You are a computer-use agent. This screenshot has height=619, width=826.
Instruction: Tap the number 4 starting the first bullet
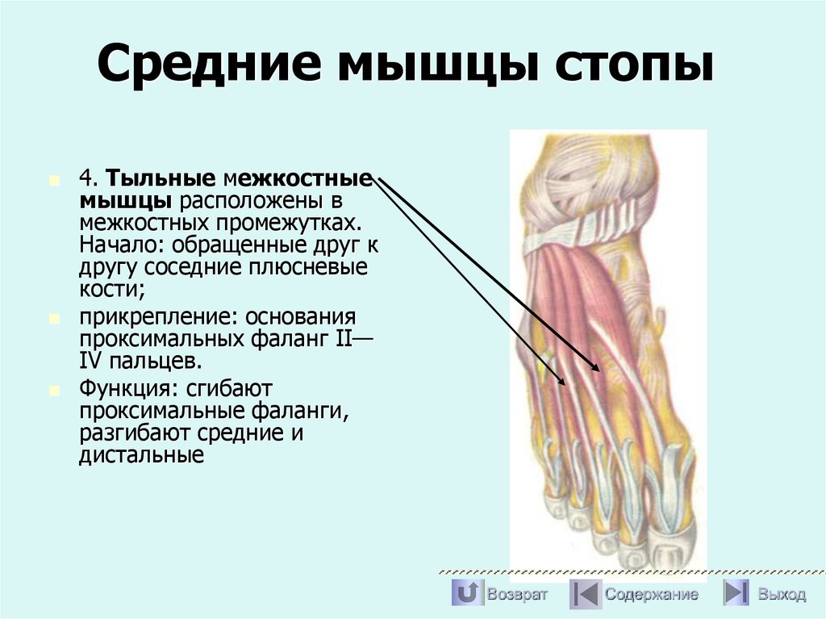tap(86, 178)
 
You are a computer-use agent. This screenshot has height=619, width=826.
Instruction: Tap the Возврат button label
tap(517, 595)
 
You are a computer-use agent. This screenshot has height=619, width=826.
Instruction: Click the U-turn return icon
tap(466, 594)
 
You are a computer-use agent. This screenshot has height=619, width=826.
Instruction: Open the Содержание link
tap(652, 595)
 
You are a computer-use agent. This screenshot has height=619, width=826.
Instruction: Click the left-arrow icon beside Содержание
tap(584, 594)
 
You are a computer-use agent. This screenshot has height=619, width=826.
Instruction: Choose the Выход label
tap(781, 595)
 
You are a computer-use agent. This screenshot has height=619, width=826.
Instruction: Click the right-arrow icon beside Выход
tap(736, 594)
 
